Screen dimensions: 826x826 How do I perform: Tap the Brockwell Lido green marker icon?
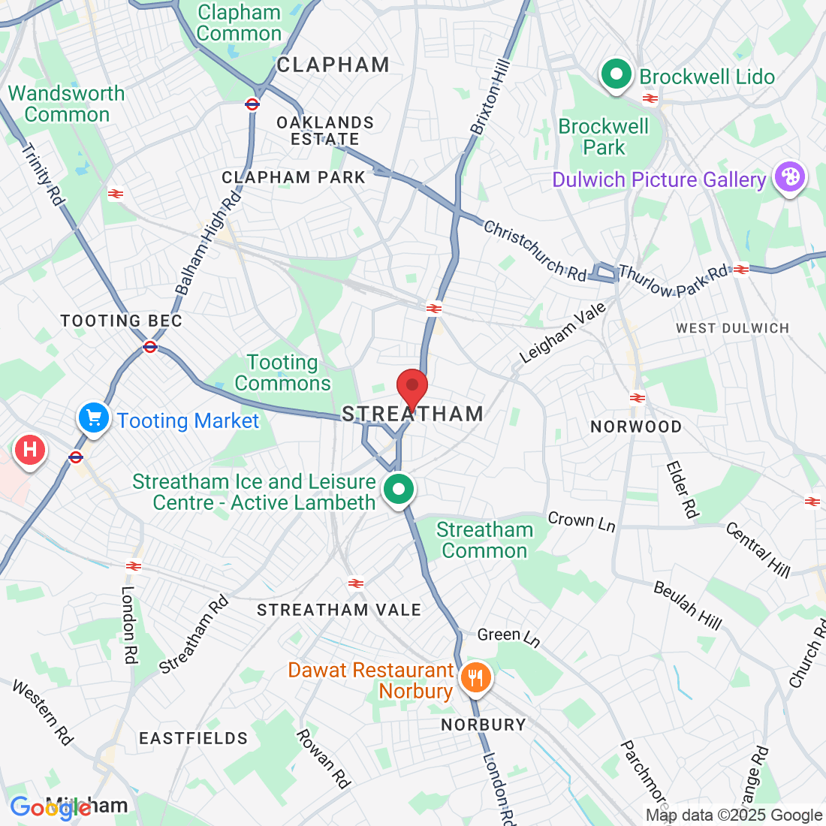pos(616,75)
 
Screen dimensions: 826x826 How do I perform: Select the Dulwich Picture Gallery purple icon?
pos(790,178)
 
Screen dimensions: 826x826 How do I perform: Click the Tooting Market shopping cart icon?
pos(94,418)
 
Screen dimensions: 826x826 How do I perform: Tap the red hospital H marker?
pos(30,451)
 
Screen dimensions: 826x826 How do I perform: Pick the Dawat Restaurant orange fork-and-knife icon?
pos(475,679)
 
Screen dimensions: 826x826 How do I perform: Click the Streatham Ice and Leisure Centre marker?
pos(399,490)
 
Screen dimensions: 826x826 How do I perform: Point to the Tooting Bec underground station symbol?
pos(150,346)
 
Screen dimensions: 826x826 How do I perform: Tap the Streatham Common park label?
pos(484,540)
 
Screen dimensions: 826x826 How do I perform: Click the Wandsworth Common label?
pos(67,104)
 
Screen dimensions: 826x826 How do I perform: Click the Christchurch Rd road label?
pos(535,251)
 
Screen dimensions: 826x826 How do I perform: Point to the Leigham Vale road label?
pos(562,333)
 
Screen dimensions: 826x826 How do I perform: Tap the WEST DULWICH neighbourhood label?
pos(732,328)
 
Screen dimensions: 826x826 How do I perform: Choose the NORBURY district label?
pos(483,725)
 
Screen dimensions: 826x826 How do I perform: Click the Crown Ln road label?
pos(581,520)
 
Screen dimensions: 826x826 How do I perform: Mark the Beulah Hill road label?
pos(687,605)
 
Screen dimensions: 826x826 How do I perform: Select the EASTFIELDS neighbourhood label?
pos(193,738)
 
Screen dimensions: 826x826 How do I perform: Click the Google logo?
pos(50,807)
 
